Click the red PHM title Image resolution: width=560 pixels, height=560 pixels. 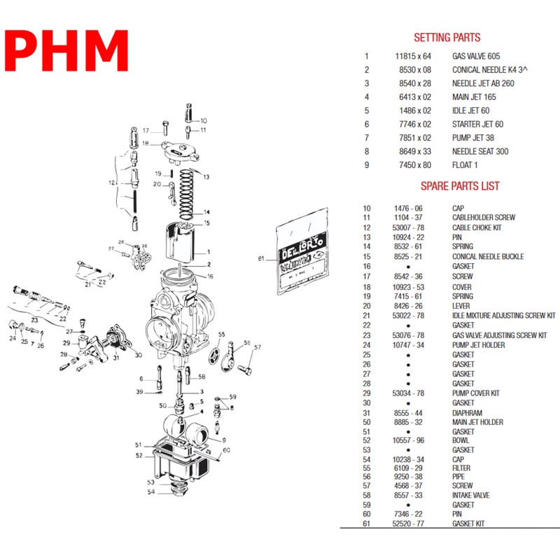click(67, 50)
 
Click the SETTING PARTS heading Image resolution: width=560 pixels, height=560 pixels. click(447, 38)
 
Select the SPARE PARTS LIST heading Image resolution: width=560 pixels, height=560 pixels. click(459, 185)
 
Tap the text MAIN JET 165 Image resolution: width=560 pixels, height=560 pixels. click(474, 97)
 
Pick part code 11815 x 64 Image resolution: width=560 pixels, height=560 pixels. click(413, 56)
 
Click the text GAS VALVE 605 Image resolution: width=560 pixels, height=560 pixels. click(476, 56)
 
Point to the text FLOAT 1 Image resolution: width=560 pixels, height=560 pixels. click(465, 165)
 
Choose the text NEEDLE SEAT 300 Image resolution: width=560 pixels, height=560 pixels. click(480, 152)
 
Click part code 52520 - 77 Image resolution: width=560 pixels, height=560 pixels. click(408, 524)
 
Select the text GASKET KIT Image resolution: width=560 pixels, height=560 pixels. click(468, 524)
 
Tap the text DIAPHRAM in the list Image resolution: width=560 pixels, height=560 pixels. click(467, 413)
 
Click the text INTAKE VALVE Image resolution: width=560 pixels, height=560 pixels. click(471, 496)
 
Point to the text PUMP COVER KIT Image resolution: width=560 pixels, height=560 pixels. click(475, 393)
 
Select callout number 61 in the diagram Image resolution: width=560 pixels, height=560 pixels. click(261, 258)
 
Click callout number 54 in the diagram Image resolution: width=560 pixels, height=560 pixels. click(151, 492)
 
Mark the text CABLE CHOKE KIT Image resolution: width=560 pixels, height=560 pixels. click(477, 227)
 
